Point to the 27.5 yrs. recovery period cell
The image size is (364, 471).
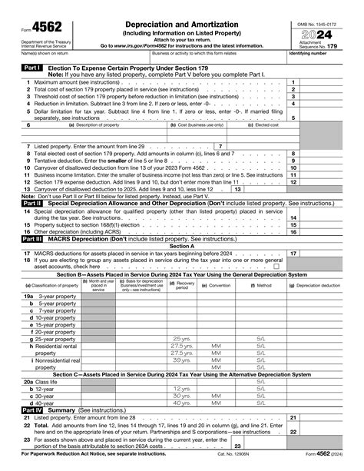point(181,345)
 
